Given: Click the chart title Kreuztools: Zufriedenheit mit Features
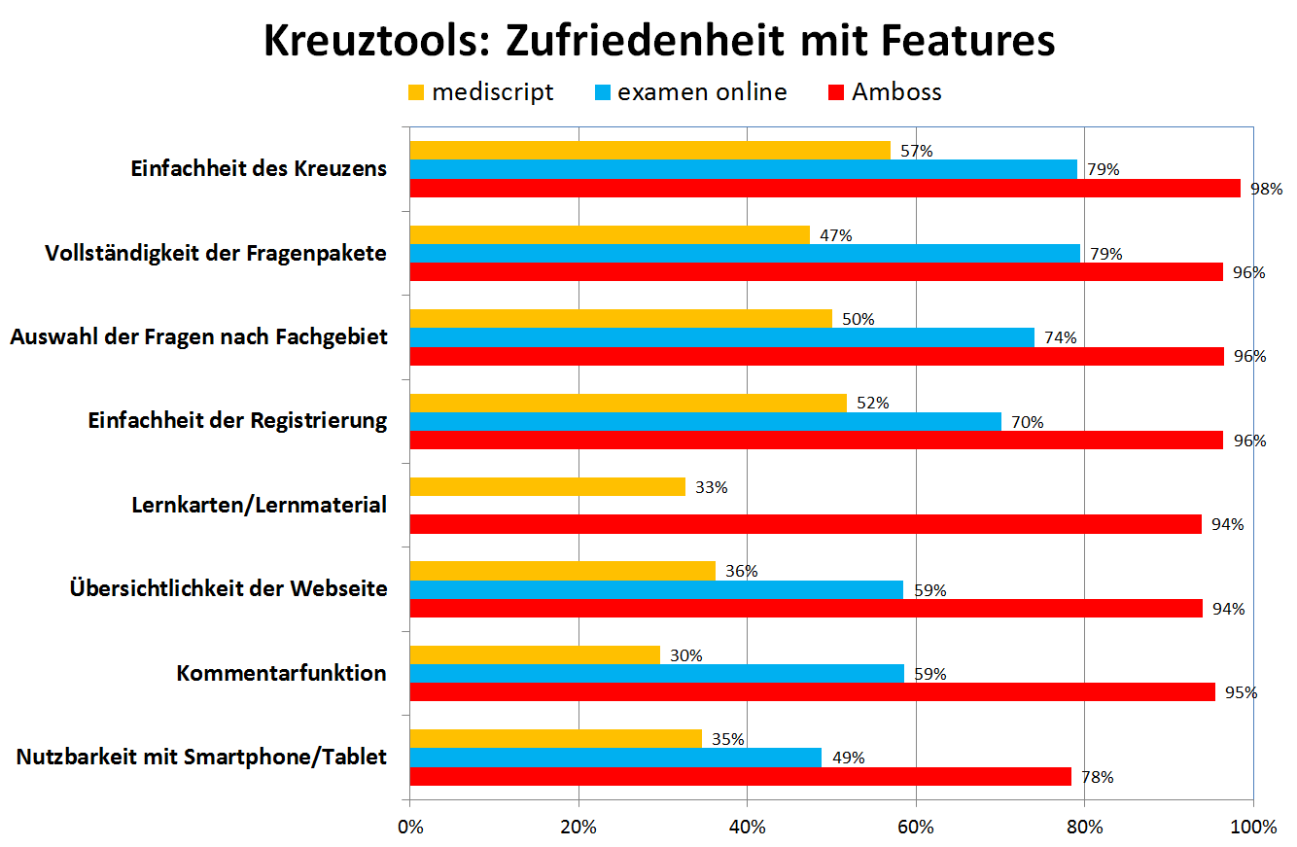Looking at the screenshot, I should click(658, 42).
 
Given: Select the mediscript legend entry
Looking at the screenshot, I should click(480, 92).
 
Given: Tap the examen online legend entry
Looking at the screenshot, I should click(689, 92).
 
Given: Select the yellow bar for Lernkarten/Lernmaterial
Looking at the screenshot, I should click(547, 486).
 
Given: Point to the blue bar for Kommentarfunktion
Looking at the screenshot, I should click(656, 673).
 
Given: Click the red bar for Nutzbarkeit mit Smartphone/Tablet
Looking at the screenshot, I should click(740, 776).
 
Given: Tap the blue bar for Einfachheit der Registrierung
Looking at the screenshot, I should click(705, 421).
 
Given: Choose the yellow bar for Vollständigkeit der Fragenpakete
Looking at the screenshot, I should click(610, 234).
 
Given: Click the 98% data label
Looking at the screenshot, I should click(1266, 189).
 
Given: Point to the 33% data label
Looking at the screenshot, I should click(711, 487).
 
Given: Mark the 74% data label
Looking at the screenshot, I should click(1060, 337).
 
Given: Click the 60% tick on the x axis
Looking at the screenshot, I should click(916, 828).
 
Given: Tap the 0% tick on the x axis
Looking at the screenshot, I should click(410, 828).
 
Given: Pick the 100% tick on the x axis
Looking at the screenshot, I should click(1252, 828).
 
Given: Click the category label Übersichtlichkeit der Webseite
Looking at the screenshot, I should click(228, 588).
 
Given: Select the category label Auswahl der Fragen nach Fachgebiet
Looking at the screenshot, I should click(198, 336).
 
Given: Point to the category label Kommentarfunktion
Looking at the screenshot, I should click(281, 673).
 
